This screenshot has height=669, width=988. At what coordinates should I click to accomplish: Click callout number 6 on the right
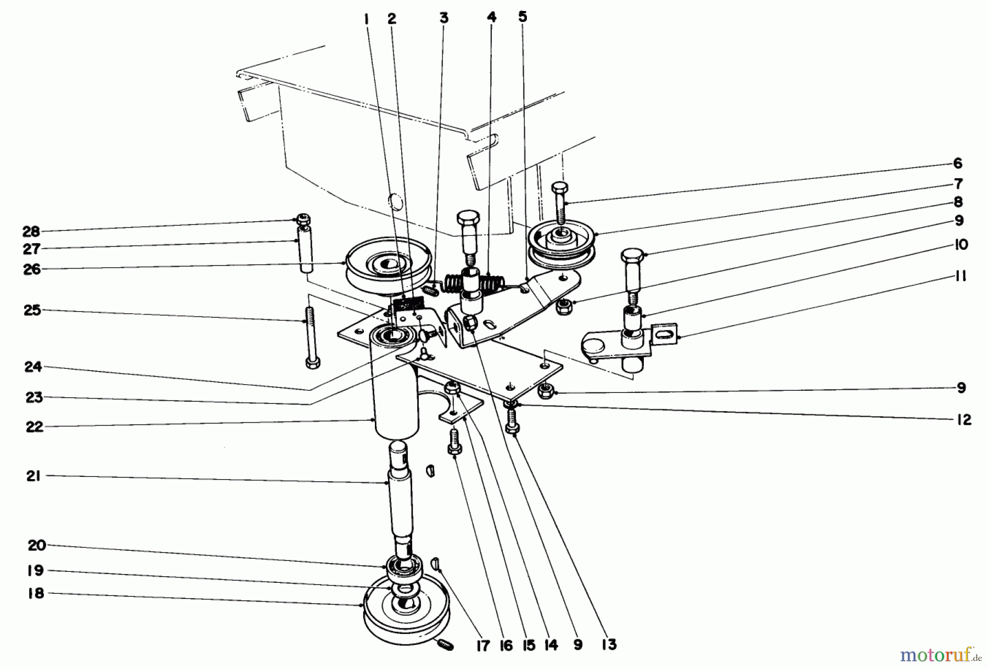click(x=958, y=163)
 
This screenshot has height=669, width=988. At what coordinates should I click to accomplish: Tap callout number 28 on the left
click(x=31, y=232)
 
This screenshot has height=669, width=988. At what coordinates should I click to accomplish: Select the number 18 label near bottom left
click(x=35, y=593)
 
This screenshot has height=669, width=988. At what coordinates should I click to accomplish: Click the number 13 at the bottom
click(x=609, y=644)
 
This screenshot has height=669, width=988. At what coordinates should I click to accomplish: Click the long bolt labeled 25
click(x=311, y=340)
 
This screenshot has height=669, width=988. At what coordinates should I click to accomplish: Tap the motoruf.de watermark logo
click(x=942, y=654)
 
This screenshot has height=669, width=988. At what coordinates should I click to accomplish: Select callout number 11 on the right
click(x=960, y=276)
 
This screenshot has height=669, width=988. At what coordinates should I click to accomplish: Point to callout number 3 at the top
click(x=444, y=18)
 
